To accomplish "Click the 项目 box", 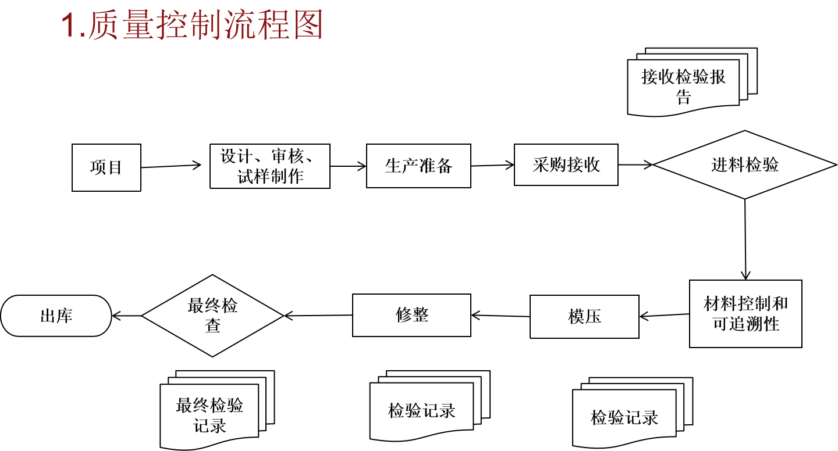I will pos(106,167).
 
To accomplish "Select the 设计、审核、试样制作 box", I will pos(270,166).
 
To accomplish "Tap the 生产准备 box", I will pos(418,166).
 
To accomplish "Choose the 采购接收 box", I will pos(566,165).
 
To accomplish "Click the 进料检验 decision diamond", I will pos(744,165).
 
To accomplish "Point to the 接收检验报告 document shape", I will pos(684,86).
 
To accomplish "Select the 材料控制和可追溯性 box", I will pos(745,314).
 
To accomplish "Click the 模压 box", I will pos(584,317).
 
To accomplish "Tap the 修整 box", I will pos(411,315).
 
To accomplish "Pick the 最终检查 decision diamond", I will pos(212,316).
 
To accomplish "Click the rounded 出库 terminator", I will pos(56,316).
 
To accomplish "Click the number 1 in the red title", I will pos(69,26).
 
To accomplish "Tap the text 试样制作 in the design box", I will pos(271,177).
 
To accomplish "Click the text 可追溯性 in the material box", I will pos(746,324).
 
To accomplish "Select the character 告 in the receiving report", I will pos(684,98).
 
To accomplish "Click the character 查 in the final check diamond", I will pos(213,326).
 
